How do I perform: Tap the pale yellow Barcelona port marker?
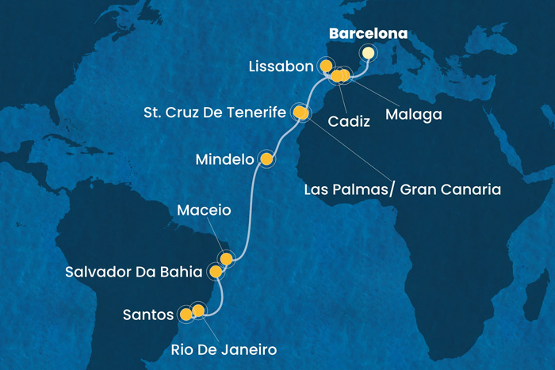tap(368, 53)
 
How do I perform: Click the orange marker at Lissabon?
tap(325, 66)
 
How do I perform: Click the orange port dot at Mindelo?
tap(266, 160)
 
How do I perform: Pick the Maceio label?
tap(204, 212)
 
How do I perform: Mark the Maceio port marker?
tap(227, 258)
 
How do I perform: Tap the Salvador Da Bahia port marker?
tap(216, 272)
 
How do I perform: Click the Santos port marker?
tap(186, 315)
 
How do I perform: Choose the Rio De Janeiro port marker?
tap(198, 311)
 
